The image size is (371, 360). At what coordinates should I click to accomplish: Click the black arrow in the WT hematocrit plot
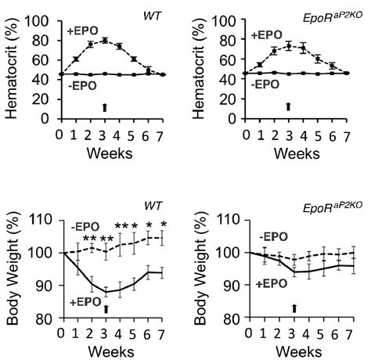pos(104,106)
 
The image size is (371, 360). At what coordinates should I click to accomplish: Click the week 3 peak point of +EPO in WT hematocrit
pos(104,40)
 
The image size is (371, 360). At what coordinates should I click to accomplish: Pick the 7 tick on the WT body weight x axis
pos(163,332)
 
